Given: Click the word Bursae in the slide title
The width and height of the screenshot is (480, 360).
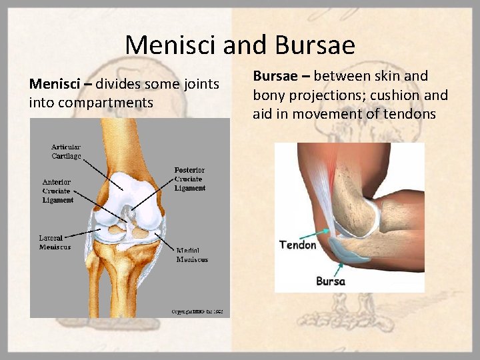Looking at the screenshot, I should click(x=313, y=45).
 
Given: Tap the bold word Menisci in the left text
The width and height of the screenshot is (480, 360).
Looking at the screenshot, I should click(x=53, y=84).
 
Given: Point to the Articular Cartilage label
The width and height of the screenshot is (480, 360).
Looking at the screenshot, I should click(x=67, y=151).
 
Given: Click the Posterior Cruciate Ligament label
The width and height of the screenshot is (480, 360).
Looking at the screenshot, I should click(x=190, y=179).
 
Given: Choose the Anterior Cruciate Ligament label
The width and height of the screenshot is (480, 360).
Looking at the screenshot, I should click(x=57, y=191).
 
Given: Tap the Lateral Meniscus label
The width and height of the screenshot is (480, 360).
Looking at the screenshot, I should click(x=55, y=242).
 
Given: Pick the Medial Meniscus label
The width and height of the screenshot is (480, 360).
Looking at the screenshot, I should click(x=192, y=255).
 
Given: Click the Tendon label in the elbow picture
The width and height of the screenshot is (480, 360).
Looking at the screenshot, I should click(x=298, y=245).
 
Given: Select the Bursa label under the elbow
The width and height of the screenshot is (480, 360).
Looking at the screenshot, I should click(x=331, y=281).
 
